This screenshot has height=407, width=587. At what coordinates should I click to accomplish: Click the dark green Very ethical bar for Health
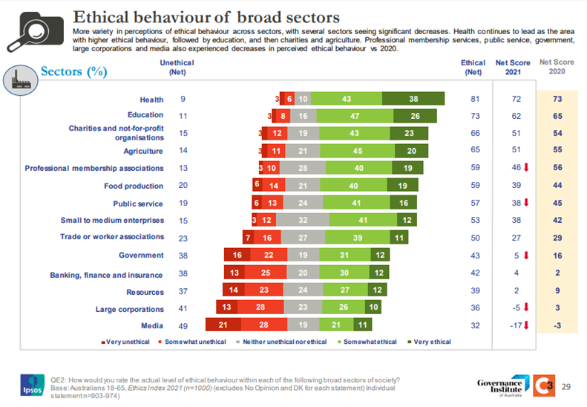point(413,99)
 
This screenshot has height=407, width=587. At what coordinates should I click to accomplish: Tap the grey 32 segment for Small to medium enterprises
point(303,221)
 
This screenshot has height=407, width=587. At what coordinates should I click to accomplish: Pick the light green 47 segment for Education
point(355,116)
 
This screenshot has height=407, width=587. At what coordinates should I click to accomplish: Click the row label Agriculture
point(143,150)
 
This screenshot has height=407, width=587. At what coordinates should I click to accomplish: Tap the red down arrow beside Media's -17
point(525,324)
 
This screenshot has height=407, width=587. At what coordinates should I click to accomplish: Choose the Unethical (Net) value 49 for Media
point(182,325)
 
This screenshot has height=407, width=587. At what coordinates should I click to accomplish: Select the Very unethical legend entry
point(123,342)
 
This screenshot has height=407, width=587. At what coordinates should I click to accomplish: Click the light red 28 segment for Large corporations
point(260,307)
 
